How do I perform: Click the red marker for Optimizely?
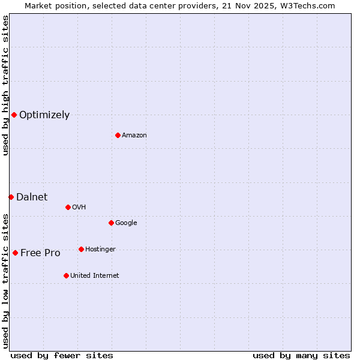click(14, 115)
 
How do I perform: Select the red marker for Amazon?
click(118, 135)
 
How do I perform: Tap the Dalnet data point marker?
click(11, 197)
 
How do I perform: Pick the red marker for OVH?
click(68, 207)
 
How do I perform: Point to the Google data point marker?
click(111, 223)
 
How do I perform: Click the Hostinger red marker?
click(81, 249)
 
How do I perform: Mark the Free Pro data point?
click(15, 253)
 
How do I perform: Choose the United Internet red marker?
click(66, 275)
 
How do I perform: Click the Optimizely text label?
click(44, 115)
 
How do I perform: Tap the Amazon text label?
click(134, 136)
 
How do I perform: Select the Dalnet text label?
click(32, 197)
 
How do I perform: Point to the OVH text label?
click(79, 208)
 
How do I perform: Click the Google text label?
click(126, 223)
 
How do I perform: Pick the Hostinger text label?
click(100, 250)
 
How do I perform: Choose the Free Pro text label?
click(40, 253)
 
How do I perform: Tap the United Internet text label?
click(94, 276)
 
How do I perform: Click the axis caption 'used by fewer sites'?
click(62, 355)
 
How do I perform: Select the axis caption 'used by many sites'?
click(301, 355)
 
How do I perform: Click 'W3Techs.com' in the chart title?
click(309, 5)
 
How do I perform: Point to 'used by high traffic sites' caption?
click(5, 85)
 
